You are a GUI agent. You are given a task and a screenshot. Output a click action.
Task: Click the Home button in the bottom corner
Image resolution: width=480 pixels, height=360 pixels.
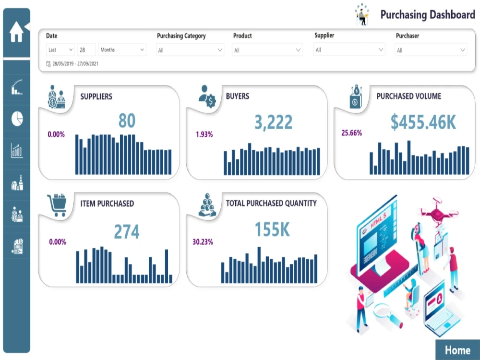tap(457, 350)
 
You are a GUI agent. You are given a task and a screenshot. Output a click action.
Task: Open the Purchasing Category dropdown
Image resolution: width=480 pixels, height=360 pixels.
tap(190, 50)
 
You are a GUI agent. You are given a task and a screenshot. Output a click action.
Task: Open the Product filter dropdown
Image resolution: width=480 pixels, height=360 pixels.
tap(267, 50)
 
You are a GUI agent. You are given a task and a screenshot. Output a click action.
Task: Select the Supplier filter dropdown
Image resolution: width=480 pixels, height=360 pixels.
tap(349, 49)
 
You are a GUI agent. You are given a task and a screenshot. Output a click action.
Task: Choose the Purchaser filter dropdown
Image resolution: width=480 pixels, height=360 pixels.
tap(431, 50)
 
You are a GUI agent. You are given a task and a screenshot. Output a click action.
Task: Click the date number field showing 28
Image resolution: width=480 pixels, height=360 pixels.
tap(86, 49)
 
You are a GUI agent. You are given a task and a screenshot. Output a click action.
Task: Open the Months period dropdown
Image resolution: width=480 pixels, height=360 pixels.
tap(122, 49)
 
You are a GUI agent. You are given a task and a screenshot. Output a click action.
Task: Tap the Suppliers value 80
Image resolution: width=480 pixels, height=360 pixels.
tap(127, 121)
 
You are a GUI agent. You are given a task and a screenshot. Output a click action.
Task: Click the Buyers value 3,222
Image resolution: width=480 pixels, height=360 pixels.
tap(273, 122)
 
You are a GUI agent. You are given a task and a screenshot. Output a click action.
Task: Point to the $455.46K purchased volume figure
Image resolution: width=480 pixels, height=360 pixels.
tap(423, 122)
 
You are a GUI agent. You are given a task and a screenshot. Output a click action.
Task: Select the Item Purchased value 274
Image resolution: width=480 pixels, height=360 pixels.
tap(127, 232)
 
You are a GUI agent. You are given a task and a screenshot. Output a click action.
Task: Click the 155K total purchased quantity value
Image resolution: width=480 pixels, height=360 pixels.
tap(272, 229)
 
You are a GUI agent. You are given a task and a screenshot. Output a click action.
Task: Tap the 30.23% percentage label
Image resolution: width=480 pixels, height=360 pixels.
tap(203, 242)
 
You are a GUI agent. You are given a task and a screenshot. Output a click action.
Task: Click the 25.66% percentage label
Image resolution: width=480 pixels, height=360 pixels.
tap(351, 133)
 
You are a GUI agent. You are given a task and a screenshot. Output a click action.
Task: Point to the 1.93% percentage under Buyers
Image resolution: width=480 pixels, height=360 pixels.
tap(204, 134)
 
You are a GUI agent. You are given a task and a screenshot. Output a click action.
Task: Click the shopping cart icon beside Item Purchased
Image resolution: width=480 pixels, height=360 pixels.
tap(57, 205)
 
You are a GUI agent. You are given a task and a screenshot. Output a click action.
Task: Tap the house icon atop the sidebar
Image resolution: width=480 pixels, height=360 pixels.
tap(16, 32)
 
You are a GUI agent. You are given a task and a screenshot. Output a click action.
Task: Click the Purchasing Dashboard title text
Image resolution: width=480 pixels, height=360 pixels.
tap(427, 14)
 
